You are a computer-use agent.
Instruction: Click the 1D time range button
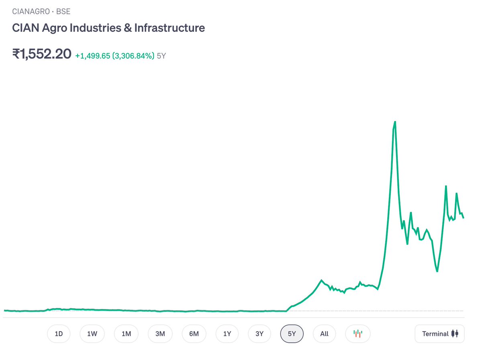click(x=59, y=334)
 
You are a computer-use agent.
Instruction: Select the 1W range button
click(x=92, y=334)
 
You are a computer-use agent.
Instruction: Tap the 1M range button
click(x=126, y=334)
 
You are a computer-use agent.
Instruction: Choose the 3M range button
click(x=160, y=334)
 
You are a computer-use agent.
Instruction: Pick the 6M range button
click(x=194, y=334)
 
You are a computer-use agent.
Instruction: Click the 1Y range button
click(x=227, y=334)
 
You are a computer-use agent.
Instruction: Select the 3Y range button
click(x=259, y=334)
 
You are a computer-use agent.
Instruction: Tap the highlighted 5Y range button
click(x=292, y=334)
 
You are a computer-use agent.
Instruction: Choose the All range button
click(x=324, y=334)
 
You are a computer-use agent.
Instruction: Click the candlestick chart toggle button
click(x=358, y=334)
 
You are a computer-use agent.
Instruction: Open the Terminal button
click(x=439, y=334)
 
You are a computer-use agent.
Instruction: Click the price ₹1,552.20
click(x=42, y=54)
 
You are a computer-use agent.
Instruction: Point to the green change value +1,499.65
click(x=93, y=56)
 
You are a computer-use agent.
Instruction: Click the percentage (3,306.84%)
click(x=133, y=56)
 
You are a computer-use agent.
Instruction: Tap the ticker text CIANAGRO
click(x=31, y=11)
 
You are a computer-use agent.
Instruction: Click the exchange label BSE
click(x=63, y=11)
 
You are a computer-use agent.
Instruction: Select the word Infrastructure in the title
click(x=170, y=28)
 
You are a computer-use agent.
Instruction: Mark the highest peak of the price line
click(x=395, y=122)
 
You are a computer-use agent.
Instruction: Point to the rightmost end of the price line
click(x=464, y=218)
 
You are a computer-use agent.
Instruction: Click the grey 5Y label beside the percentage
click(x=161, y=56)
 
